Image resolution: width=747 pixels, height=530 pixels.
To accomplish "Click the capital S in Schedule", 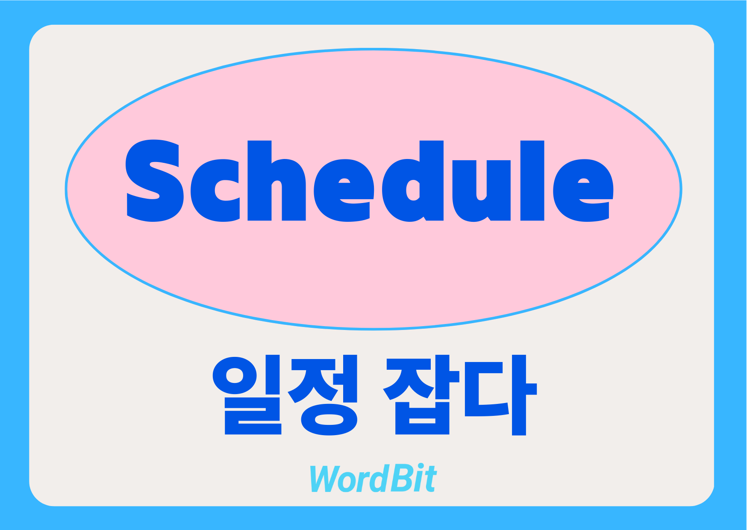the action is coord(154,180).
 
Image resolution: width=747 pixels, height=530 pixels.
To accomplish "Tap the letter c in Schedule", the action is coord(215,191).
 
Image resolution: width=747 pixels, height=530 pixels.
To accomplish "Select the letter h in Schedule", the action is coord(276,180).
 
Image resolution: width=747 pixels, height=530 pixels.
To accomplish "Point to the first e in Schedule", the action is coord(344,191).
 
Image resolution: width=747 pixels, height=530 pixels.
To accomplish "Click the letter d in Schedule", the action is coord(413,181).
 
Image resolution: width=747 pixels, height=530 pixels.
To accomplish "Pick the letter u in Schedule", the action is coord(481,191).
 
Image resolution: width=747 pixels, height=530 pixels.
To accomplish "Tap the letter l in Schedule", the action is coord(532,180).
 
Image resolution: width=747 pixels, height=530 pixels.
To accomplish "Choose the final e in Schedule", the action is coord(583,191).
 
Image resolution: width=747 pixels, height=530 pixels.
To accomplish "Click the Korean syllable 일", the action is coord(247,395).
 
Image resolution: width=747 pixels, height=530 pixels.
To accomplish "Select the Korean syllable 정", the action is coord(322,395).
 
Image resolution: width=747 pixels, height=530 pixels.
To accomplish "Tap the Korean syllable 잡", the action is coord(418,395).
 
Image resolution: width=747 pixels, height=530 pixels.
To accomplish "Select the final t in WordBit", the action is coord(430,480).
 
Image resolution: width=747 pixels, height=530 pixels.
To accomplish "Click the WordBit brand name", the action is coord(373,478).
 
